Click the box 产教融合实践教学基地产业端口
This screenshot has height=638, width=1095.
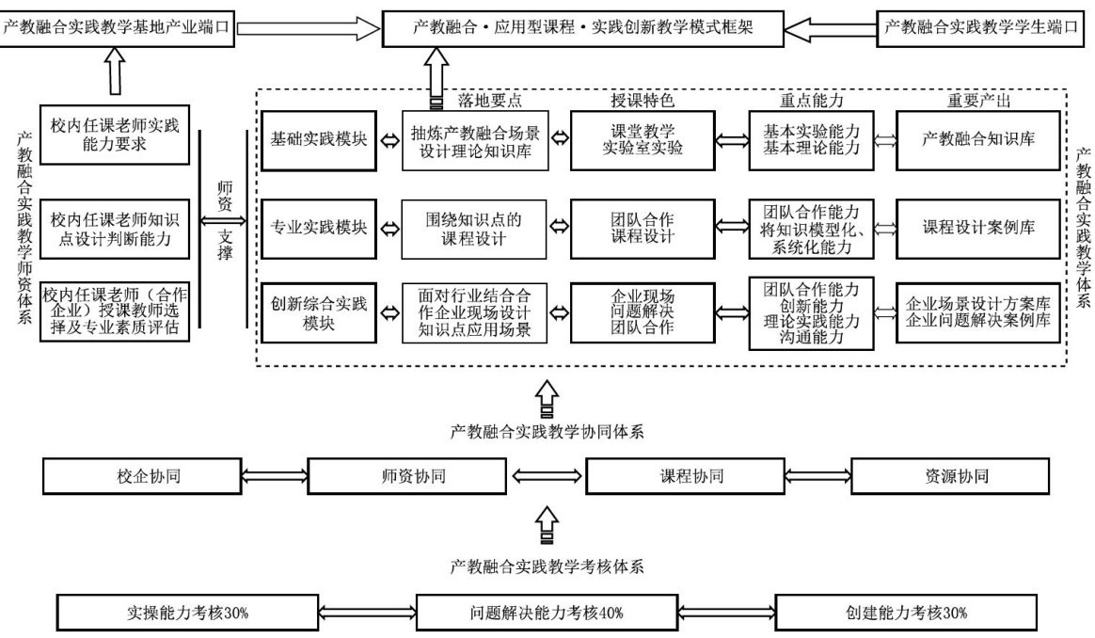point(117,28)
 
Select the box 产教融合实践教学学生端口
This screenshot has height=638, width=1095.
point(978,28)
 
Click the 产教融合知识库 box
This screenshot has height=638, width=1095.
point(979,139)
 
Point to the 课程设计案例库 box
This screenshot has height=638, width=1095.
point(979,228)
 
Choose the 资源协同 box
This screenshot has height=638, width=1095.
point(959,476)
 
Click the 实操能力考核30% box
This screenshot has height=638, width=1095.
point(188,613)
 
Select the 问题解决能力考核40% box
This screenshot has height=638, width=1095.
point(547,613)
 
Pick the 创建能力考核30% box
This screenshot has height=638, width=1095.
point(907,613)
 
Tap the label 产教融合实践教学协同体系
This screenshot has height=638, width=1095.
point(547,432)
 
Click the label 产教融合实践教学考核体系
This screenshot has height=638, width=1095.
point(547,566)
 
